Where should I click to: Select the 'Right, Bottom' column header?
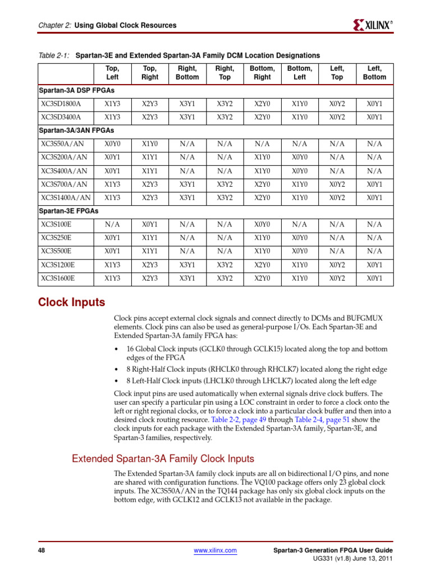pyautogui.click(x=187, y=73)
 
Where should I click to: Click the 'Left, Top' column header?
pyautogui.click(x=337, y=73)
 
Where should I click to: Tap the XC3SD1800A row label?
pyautogui.click(x=61, y=103)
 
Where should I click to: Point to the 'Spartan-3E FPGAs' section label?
pyautogui.click(x=68, y=211)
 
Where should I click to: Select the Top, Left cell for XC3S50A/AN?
pyautogui.click(x=112, y=143)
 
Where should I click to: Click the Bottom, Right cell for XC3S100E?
pyautogui.click(x=262, y=224)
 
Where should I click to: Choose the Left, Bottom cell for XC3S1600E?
pyautogui.click(x=374, y=278)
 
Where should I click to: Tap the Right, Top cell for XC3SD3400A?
pyautogui.click(x=224, y=117)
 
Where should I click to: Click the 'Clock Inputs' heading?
pyautogui.click(x=71, y=303)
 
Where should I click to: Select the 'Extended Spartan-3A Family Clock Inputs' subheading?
pyautogui.click(x=163, y=459)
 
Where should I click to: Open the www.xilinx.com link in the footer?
pyautogui.click(x=215, y=551)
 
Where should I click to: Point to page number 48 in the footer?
pyautogui.click(x=41, y=551)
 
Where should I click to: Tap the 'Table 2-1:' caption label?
pyautogui.click(x=54, y=55)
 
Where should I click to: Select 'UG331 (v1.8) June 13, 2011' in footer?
pyautogui.click(x=352, y=559)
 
